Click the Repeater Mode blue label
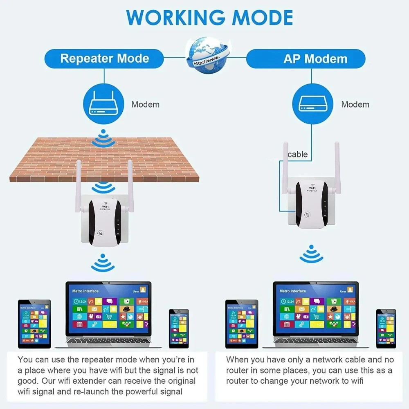pos(104,58)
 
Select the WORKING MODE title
pos(209,18)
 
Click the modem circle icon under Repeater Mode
pos(104,105)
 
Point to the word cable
pos(297,154)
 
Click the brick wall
pos(104,160)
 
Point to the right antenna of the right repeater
pos(337,164)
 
